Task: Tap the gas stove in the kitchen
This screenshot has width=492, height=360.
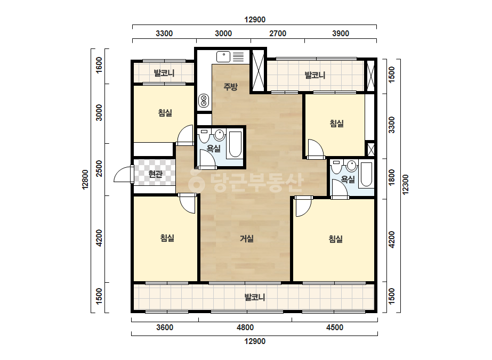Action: [x=204, y=101]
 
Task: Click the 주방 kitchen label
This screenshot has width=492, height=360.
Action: [x=231, y=87]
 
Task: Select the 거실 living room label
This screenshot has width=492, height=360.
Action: [x=247, y=239]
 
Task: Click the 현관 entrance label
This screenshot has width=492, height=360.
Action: [x=156, y=174]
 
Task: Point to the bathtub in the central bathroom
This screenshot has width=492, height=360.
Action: [x=235, y=144]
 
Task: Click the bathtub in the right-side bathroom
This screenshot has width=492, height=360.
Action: [x=366, y=174]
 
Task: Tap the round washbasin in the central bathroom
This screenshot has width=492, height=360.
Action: [x=220, y=135]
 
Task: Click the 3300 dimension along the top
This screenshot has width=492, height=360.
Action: [x=164, y=33]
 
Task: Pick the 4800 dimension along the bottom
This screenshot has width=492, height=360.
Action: [x=245, y=328]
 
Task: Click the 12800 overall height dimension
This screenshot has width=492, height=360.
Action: [x=85, y=179]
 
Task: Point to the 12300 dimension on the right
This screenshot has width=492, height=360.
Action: [x=406, y=184]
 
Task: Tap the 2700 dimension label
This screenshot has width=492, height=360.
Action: [x=278, y=33]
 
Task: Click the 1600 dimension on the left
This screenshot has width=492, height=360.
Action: [x=99, y=65]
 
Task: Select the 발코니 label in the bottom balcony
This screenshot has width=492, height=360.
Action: [x=255, y=297]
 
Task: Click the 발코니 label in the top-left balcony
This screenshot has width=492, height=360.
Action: [x=164, y=73]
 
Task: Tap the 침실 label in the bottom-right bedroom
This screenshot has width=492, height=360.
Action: [x=336, y=239]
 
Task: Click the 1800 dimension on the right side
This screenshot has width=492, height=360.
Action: [x=392, y=177]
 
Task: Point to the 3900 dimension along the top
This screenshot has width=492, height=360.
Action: [x=341, y=33]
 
